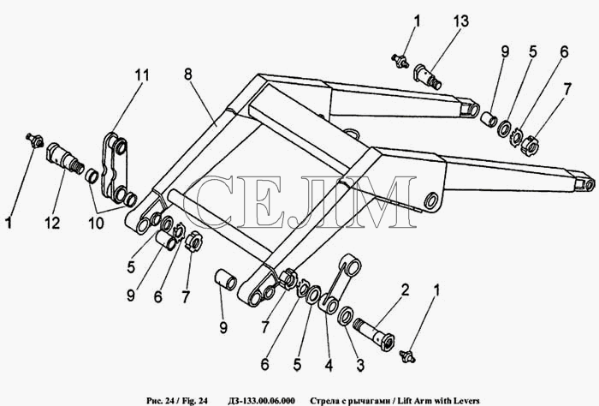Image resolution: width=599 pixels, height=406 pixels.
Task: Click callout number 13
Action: (460, 21)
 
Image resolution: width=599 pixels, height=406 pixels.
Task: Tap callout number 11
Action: (141, 75)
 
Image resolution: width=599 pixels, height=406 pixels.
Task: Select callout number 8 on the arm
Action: (187, 75)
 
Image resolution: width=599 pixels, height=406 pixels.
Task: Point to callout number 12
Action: (52, 223)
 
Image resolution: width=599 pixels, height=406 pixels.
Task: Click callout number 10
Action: (96, 223)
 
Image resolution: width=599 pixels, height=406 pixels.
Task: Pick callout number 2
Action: (405, 290)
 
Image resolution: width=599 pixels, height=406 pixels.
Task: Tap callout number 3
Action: (360, 366)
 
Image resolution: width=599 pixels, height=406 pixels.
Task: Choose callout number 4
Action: (329, 366)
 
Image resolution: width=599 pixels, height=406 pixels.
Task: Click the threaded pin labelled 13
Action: (428, 76)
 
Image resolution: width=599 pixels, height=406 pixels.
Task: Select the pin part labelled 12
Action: (65, 158)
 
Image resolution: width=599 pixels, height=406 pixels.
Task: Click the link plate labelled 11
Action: (114, 166)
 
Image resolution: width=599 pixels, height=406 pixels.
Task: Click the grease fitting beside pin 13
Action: (400, 61)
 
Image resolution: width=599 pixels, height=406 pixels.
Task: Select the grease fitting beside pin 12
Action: (34, 140)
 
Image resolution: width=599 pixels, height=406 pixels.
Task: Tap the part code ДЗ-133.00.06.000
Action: (261, 401)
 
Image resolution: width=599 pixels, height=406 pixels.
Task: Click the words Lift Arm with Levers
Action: (438, 401)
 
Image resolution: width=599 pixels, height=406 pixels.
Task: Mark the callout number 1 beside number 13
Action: (417, 21)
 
